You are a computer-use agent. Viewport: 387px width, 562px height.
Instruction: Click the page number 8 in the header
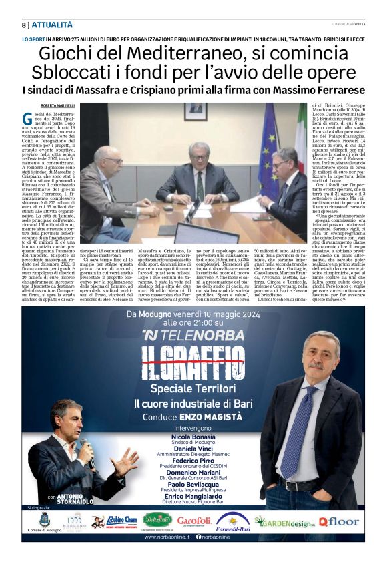[24, 25]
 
